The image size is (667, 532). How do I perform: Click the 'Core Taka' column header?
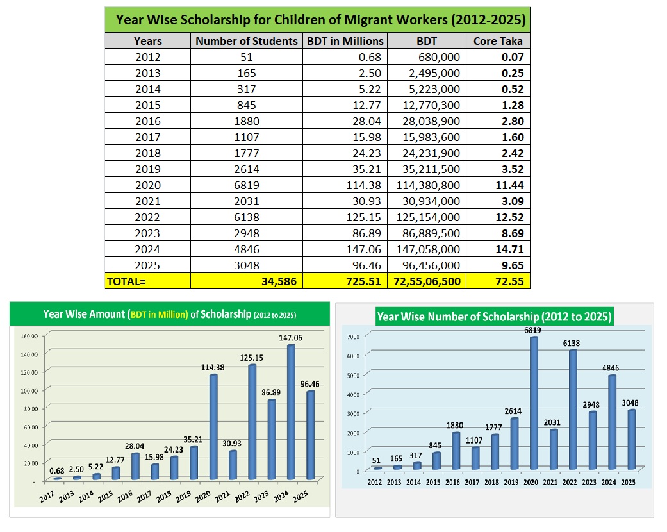tap(498, 41)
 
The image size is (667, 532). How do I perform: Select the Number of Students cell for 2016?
tap(247, 121)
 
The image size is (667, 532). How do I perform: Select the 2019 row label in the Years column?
tap(148, 169)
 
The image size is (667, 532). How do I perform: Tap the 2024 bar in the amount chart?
tap(291, 413)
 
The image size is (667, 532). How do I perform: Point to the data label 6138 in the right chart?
tap(572, 344)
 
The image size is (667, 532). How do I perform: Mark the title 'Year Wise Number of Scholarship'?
tap(494, 317)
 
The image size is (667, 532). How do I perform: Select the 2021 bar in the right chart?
tap(552, 449)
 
